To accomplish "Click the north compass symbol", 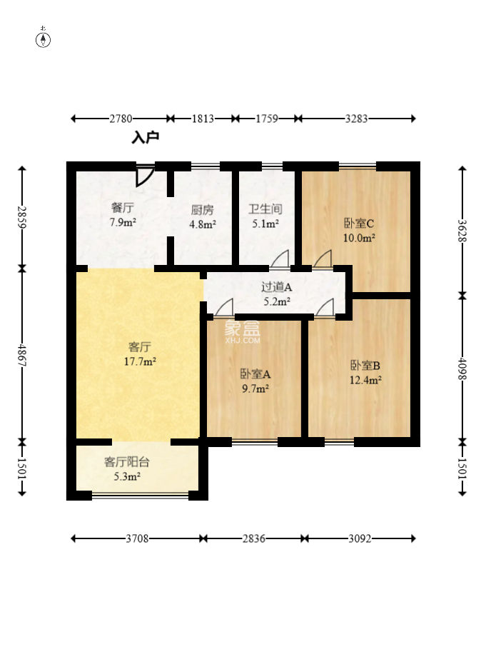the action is click(43, 38).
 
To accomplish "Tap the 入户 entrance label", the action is click(145, 138).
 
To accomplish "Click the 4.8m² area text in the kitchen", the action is click(203, 224).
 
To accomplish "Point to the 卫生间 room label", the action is click(265, 209).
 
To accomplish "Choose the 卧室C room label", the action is click(358, 223).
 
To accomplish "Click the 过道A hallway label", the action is click(276, 287).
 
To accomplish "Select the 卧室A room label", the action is click(255, 374).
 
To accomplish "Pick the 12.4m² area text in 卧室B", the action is click(365, 380).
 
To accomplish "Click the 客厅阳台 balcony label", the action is click(126, 462).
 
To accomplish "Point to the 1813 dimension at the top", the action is click(203, 119).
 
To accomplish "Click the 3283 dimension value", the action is click(357, 119).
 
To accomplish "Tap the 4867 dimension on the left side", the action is click(22, 356).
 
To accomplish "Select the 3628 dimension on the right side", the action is click(462, 231).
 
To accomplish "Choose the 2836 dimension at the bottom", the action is click(253, 538).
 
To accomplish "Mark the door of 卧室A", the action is click(224, 307).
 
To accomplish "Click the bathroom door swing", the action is click(279, 259).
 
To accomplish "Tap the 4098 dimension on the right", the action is click(462, 369).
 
